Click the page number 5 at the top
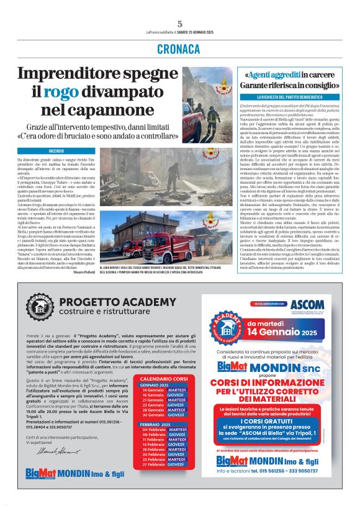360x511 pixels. tap(179, 24)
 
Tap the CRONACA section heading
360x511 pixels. tap(179, 48)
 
